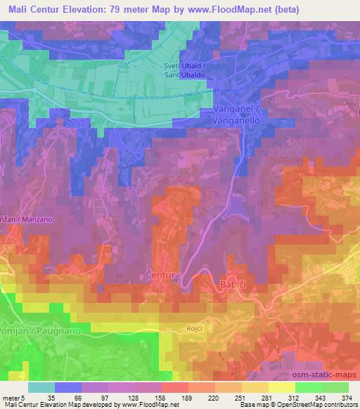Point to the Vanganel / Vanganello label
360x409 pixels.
(238, 115)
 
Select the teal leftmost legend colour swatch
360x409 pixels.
(41, 387)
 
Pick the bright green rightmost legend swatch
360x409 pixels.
(336, 387)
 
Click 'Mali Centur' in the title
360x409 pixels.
(31, 10)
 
